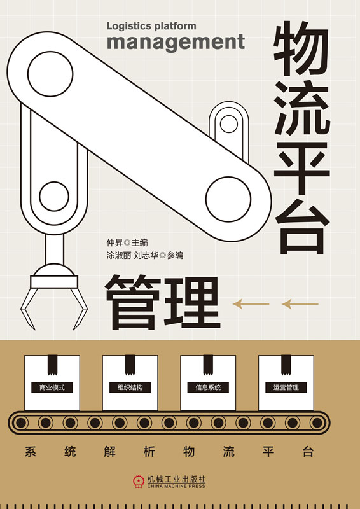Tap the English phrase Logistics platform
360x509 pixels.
pos(151,26)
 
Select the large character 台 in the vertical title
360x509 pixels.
pos(302,227)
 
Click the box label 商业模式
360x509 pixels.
pos(52,387)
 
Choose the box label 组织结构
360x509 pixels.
pos(130,387)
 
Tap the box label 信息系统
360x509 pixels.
pos(208,387)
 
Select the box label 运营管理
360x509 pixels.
pos(286,387)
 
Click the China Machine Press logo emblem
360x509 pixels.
pos(139,481)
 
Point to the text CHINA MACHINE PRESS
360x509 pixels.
pos(176,486)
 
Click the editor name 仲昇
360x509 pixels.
pos(114,242)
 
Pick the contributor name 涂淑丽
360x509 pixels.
pos(119,256)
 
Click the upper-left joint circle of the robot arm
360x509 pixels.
pos(50,74)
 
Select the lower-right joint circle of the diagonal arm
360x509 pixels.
pos(228,199)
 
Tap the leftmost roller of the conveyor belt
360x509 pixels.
pos(21,422)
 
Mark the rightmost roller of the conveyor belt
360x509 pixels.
pos(317,422)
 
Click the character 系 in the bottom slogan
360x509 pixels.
pos(30,452)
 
